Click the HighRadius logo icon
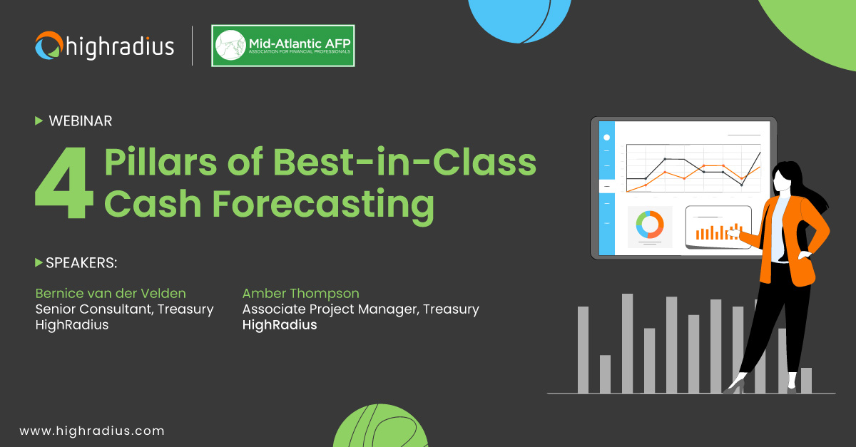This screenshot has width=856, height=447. (49, 46)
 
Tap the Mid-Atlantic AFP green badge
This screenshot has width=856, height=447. (283, 46)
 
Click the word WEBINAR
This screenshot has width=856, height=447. (80, 121)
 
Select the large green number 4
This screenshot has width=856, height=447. (64, 184)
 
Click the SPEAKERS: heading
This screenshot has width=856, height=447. (81, 263)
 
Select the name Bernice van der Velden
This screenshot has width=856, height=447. (111, 293)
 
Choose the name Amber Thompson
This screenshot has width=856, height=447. (300, 293)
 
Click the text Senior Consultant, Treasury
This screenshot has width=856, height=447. (124, 309)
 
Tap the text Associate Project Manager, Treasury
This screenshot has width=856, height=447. (360, 309)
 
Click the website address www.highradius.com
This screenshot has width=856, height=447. (91, 431)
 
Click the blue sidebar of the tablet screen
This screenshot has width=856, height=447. (606, 187)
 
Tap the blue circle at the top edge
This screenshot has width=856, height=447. (519, 17)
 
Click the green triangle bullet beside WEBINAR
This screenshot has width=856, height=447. (39, 121)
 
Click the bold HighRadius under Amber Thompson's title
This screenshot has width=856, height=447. (280, 325)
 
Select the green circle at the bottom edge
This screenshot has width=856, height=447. (369, 428)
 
